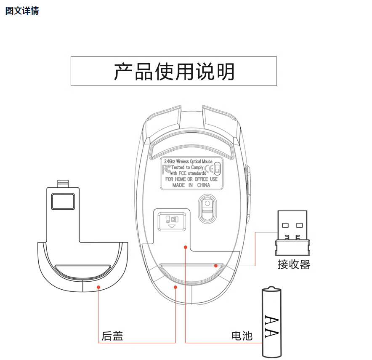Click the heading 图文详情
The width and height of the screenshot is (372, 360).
[x=22, y=11]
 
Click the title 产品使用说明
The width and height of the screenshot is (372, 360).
[x=174, y=72]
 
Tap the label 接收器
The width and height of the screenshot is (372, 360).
[x=294, y=264]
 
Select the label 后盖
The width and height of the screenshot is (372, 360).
[x=112, y=336]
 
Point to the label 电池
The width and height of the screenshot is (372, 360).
[x=242, y=336]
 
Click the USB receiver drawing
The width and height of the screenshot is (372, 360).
[x=292, y=233]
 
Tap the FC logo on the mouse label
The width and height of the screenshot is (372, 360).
[x=167, y=169]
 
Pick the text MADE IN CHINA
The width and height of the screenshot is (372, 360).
[x=191, y=185]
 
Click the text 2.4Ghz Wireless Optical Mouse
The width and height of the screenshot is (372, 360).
[x=189, y=161]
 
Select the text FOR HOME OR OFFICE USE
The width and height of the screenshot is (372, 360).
[x=191, y=179]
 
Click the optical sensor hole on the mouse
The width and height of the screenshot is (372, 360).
[x=207, y=203]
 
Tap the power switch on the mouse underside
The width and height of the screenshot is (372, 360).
[x=172, y=221]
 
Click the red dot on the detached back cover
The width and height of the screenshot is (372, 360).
[x=98, y=287]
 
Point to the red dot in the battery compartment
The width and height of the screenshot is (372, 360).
[x=186, y=247]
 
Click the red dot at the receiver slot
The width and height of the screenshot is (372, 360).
[x=215, y=266]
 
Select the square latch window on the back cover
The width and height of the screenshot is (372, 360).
[x=63, y=202]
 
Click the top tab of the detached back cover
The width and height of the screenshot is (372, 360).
[x=63, y=184]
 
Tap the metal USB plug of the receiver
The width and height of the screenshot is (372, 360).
[x=292, y=225]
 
